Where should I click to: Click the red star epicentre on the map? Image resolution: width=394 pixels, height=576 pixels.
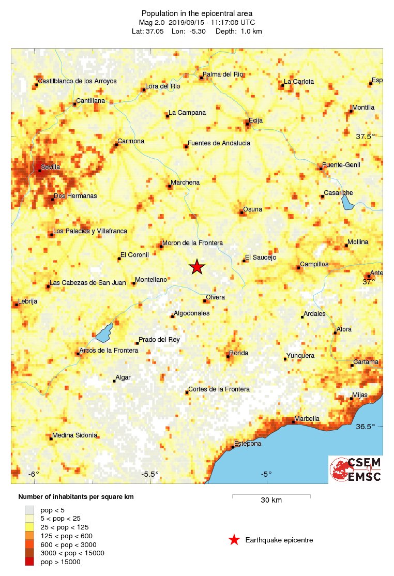[196, 267]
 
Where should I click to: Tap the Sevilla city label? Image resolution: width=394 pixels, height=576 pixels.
[51, 167]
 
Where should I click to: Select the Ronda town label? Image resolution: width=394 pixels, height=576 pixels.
[239, 353]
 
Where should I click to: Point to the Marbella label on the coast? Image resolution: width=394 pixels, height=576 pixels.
[307, 419]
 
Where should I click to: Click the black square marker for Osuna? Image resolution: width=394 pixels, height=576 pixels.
[241, 212]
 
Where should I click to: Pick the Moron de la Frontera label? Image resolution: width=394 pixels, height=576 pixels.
[192, 243]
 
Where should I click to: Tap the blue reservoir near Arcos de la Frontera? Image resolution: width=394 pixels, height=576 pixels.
[104, 332]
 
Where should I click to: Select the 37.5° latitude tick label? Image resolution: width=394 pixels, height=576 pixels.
[365, 137]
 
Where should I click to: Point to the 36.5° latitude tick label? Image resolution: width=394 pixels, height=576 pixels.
[365, 427]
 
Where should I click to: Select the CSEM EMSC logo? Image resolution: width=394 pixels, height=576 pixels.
[356, 469]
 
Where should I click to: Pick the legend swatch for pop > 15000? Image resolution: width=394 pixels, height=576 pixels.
[30, 562]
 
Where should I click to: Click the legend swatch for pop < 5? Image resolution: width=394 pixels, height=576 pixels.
[30, 509]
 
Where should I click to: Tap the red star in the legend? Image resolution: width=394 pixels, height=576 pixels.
[234, 540]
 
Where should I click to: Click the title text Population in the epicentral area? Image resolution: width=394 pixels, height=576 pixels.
[196, 12]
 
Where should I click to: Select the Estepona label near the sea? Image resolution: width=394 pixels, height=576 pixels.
[248, 444]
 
